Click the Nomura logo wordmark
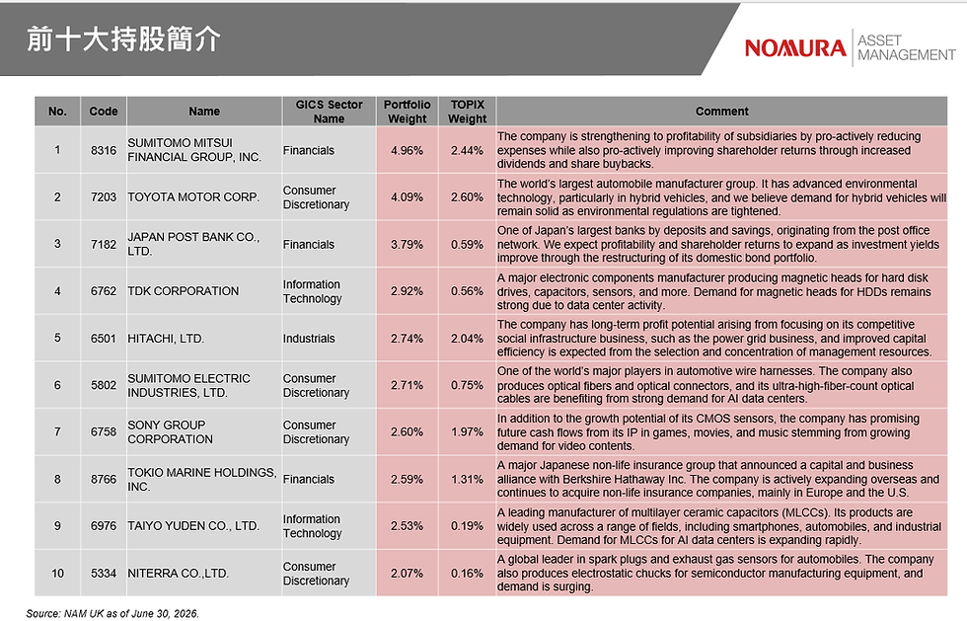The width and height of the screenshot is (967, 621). coord(795,48)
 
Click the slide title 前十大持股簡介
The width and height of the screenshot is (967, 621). coord(124,39)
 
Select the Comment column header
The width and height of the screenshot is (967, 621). coord(721,112)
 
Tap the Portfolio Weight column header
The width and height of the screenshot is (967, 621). coord(407,112)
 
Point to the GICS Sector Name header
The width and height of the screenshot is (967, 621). coord(329,112)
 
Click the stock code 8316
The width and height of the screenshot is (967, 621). coord(103,150)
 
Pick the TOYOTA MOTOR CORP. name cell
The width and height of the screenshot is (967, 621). coord(193,196)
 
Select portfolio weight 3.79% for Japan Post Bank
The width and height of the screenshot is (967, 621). coord(407,245)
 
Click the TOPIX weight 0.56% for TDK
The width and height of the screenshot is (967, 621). coord(467,291)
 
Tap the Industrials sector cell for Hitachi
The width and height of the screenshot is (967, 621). coord(309,339)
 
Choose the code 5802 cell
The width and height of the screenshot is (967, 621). coord(103,385)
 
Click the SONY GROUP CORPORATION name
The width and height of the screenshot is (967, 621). coord(170,432)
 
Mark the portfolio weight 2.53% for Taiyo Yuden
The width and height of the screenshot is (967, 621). coord(407,526)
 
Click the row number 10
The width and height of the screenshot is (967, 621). coord(57,573)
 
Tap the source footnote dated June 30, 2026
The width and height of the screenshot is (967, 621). coord(112,613)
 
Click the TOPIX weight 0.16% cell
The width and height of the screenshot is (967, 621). coord(467,573)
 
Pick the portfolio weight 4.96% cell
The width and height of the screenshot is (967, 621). coord(407,150)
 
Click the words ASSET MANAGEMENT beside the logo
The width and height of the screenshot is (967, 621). coord(907,48)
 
